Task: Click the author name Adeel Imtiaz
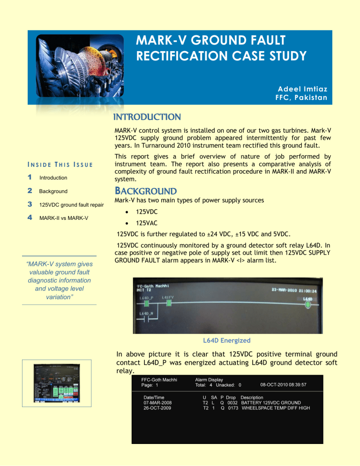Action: coord(301,89)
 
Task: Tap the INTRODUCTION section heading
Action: coord(139,116)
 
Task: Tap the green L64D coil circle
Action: coord(308,305)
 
